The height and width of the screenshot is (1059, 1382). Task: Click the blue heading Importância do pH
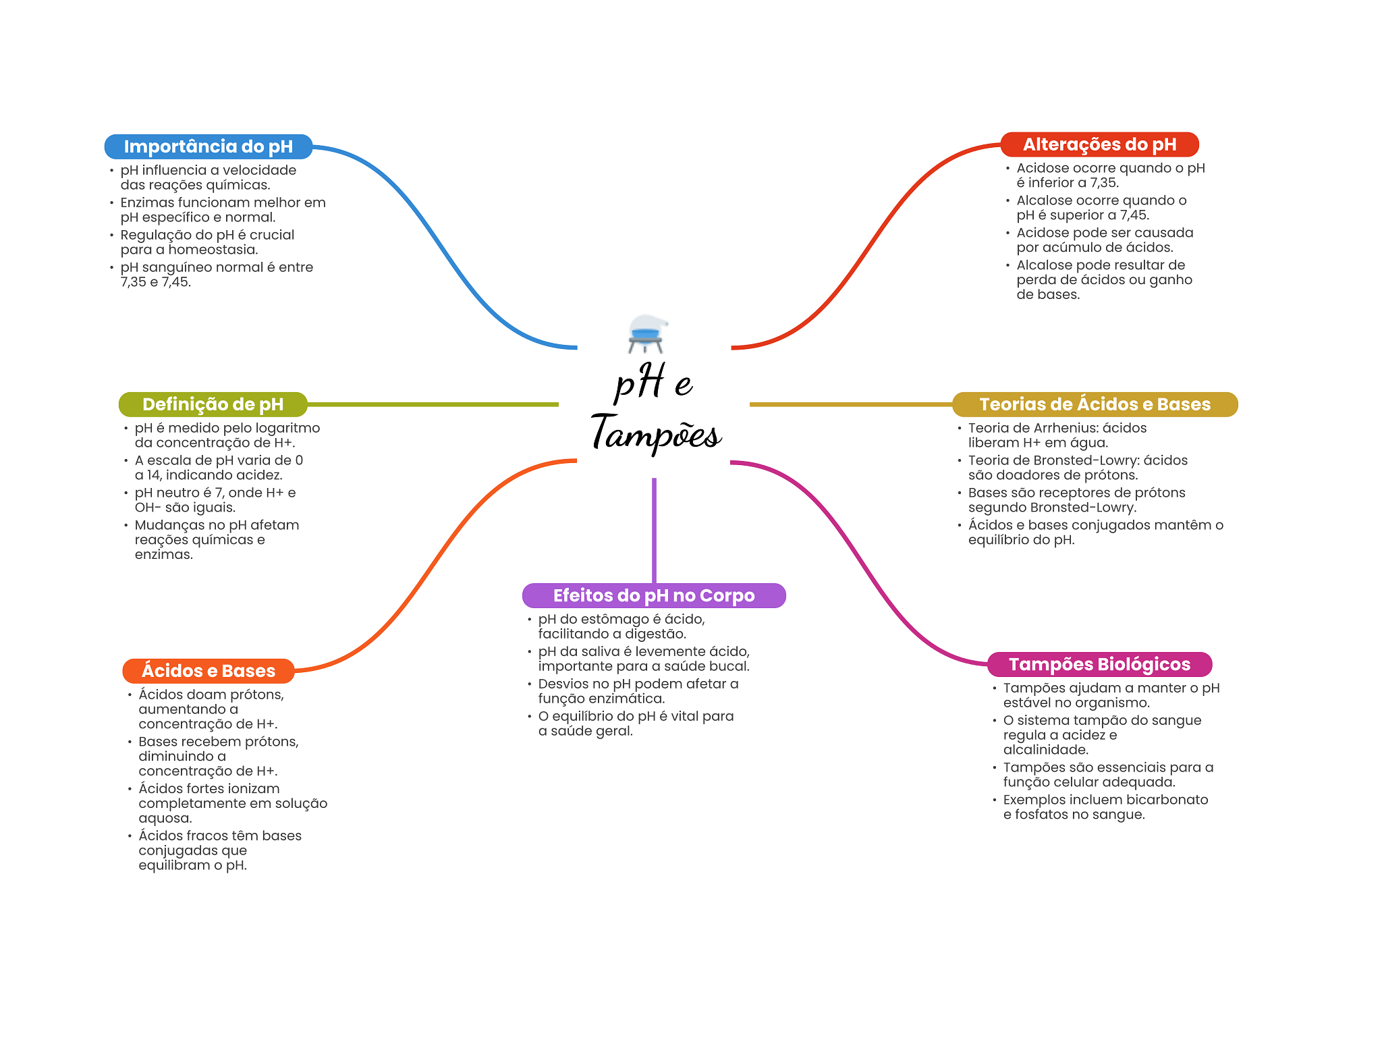tap(208, 146)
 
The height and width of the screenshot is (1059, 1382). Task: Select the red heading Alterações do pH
tap(1099, 144)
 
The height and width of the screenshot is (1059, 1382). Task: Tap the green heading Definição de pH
tap(213, 404)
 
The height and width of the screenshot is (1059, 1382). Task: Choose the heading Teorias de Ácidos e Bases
tap(1095, 404)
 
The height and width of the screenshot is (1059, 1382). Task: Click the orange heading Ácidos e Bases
tap(208, 671)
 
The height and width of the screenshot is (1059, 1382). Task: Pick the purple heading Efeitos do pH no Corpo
tap(653, 595)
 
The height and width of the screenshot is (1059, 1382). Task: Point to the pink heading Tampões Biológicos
tap(1099, 664)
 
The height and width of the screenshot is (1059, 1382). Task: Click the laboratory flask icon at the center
tap(646, 333)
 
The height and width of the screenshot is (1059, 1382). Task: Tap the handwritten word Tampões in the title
tap(656, 433)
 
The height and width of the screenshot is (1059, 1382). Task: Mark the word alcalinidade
tap(1045, 750)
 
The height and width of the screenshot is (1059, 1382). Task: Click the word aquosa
tap(165, 818)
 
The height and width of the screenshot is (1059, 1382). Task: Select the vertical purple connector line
tap(654, 530)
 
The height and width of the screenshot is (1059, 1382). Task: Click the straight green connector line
tap(432, 404)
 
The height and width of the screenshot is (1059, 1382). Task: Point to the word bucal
tap(730, 666)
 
